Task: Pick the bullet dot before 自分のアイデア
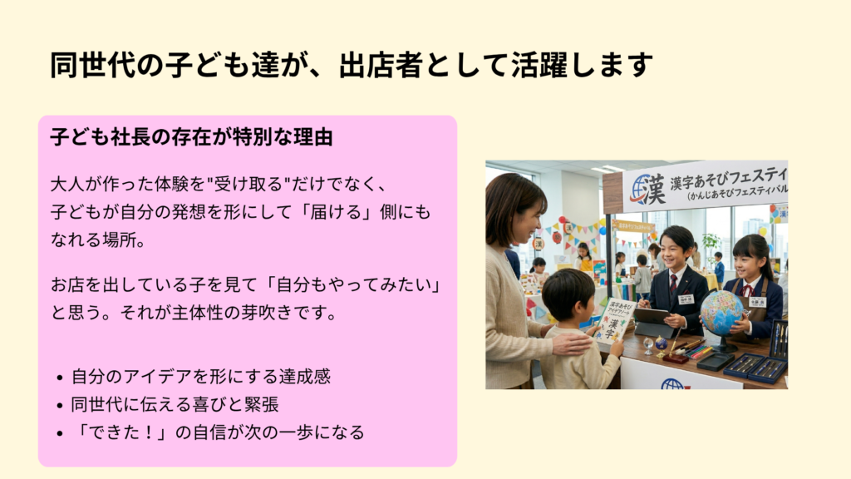60,378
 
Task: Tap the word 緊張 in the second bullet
261,405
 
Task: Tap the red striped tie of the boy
673,284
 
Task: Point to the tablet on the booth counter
653,320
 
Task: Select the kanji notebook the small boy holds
616,320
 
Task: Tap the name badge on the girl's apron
756,302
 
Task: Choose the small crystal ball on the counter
648,346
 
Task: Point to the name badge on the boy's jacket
686,299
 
